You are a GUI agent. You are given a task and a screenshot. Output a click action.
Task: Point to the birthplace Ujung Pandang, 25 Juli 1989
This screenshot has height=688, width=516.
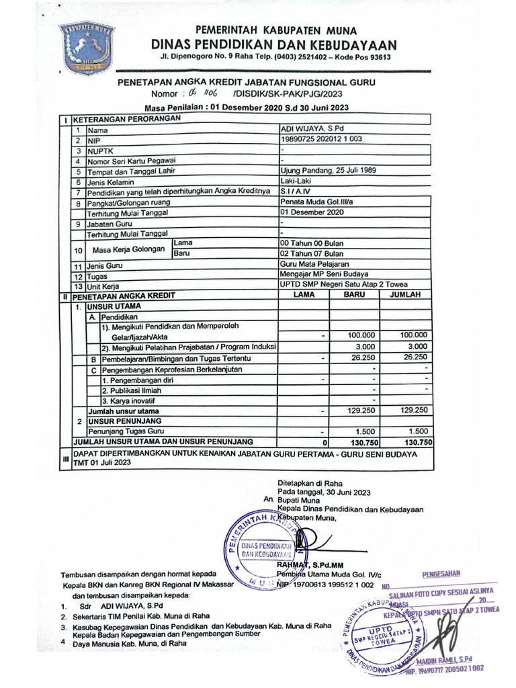click(x=329, y=171)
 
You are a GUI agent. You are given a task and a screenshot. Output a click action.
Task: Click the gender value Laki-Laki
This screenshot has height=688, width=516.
click(x=296, y=181)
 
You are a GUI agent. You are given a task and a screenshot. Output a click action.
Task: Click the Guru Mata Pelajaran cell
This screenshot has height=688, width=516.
click(x=314, y=265)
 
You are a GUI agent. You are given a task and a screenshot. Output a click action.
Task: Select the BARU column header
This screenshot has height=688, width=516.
click(x=354, y=295)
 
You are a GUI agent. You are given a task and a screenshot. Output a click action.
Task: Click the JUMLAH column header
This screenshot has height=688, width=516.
click(x=405, y=295)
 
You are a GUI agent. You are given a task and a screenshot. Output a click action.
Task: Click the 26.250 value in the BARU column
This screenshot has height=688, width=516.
click(x=362, y=357)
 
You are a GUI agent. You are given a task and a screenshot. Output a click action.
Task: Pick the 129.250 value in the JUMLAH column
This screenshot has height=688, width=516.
click(x=413, y=409)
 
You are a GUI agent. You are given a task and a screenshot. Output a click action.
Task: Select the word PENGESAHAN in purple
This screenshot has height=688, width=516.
click(x=441, y=574)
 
